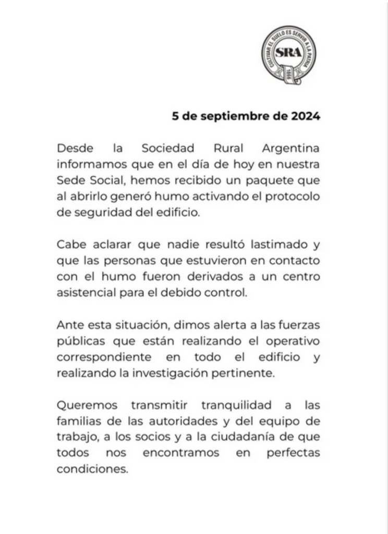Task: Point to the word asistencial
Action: coord(84,293)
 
